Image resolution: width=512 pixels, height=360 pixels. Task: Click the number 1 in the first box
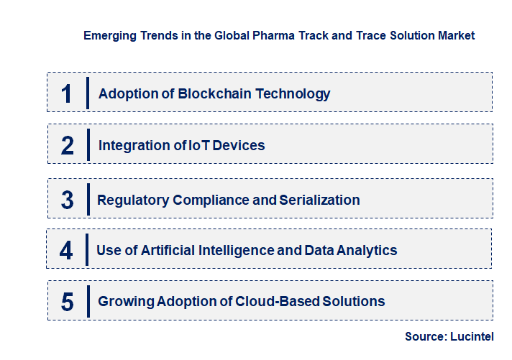(67, 93)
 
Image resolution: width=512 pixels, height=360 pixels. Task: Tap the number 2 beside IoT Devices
(68, 146)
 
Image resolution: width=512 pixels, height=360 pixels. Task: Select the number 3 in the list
(68, 200)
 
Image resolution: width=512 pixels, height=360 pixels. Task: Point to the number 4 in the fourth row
(67, 251)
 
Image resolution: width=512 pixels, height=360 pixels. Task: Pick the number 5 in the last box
(68, 302)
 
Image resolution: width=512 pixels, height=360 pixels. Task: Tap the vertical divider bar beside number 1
(87, 93)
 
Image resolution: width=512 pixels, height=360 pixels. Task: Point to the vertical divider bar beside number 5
(87, 301)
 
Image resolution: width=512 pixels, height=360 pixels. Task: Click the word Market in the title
(456, 34)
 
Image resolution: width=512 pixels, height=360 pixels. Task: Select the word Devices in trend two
(239, 146)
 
